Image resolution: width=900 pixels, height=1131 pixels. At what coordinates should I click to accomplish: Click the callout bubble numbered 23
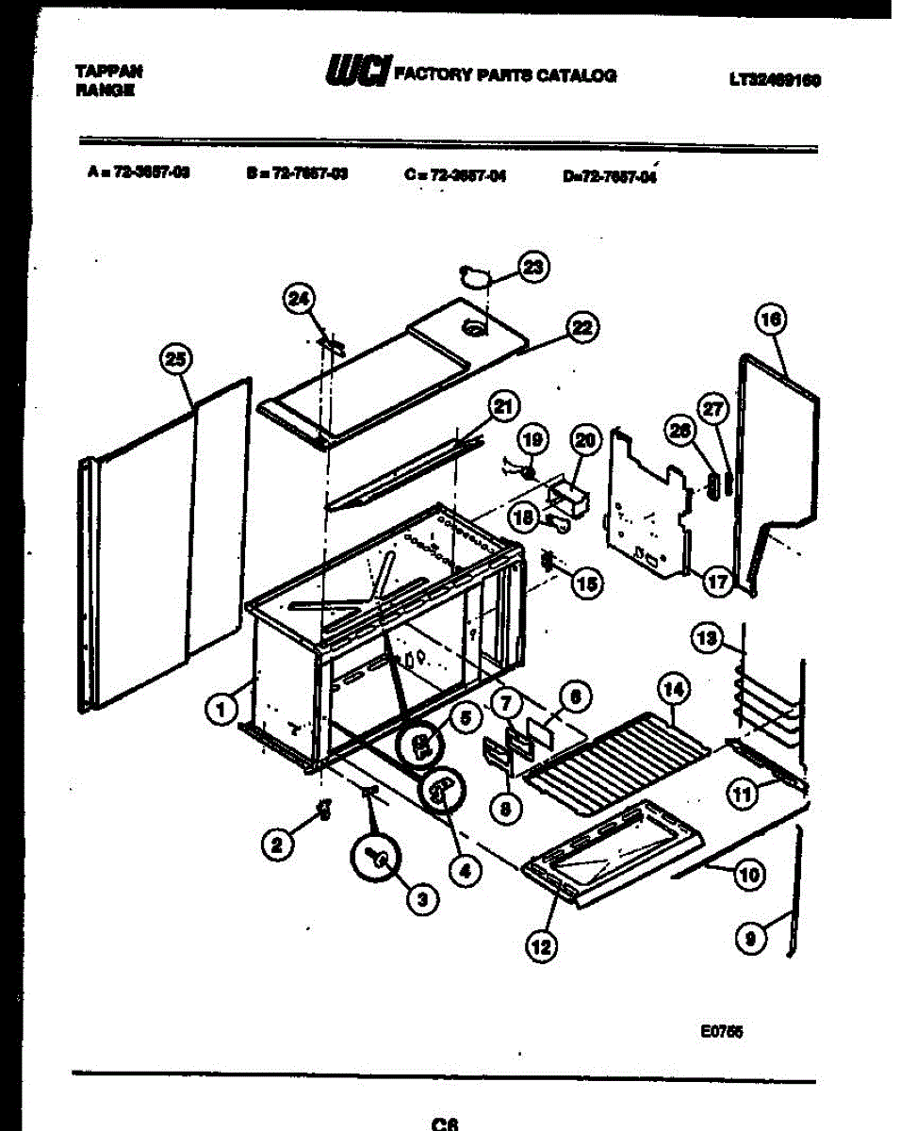(534, 268)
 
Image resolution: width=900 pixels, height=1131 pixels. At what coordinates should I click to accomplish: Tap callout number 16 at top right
(770, 320)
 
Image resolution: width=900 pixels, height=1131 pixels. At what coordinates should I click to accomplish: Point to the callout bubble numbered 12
(541, 946)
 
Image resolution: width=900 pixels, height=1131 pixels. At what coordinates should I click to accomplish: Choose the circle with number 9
(750, 938)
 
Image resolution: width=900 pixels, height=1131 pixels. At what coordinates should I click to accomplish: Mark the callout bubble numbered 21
(504, 406)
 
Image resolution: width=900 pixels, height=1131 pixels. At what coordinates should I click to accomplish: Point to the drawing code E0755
(722, 1031)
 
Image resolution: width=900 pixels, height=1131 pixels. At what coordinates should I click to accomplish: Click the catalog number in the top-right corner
(773, 80)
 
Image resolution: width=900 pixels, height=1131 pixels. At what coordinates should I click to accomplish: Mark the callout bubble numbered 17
(718, 582)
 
